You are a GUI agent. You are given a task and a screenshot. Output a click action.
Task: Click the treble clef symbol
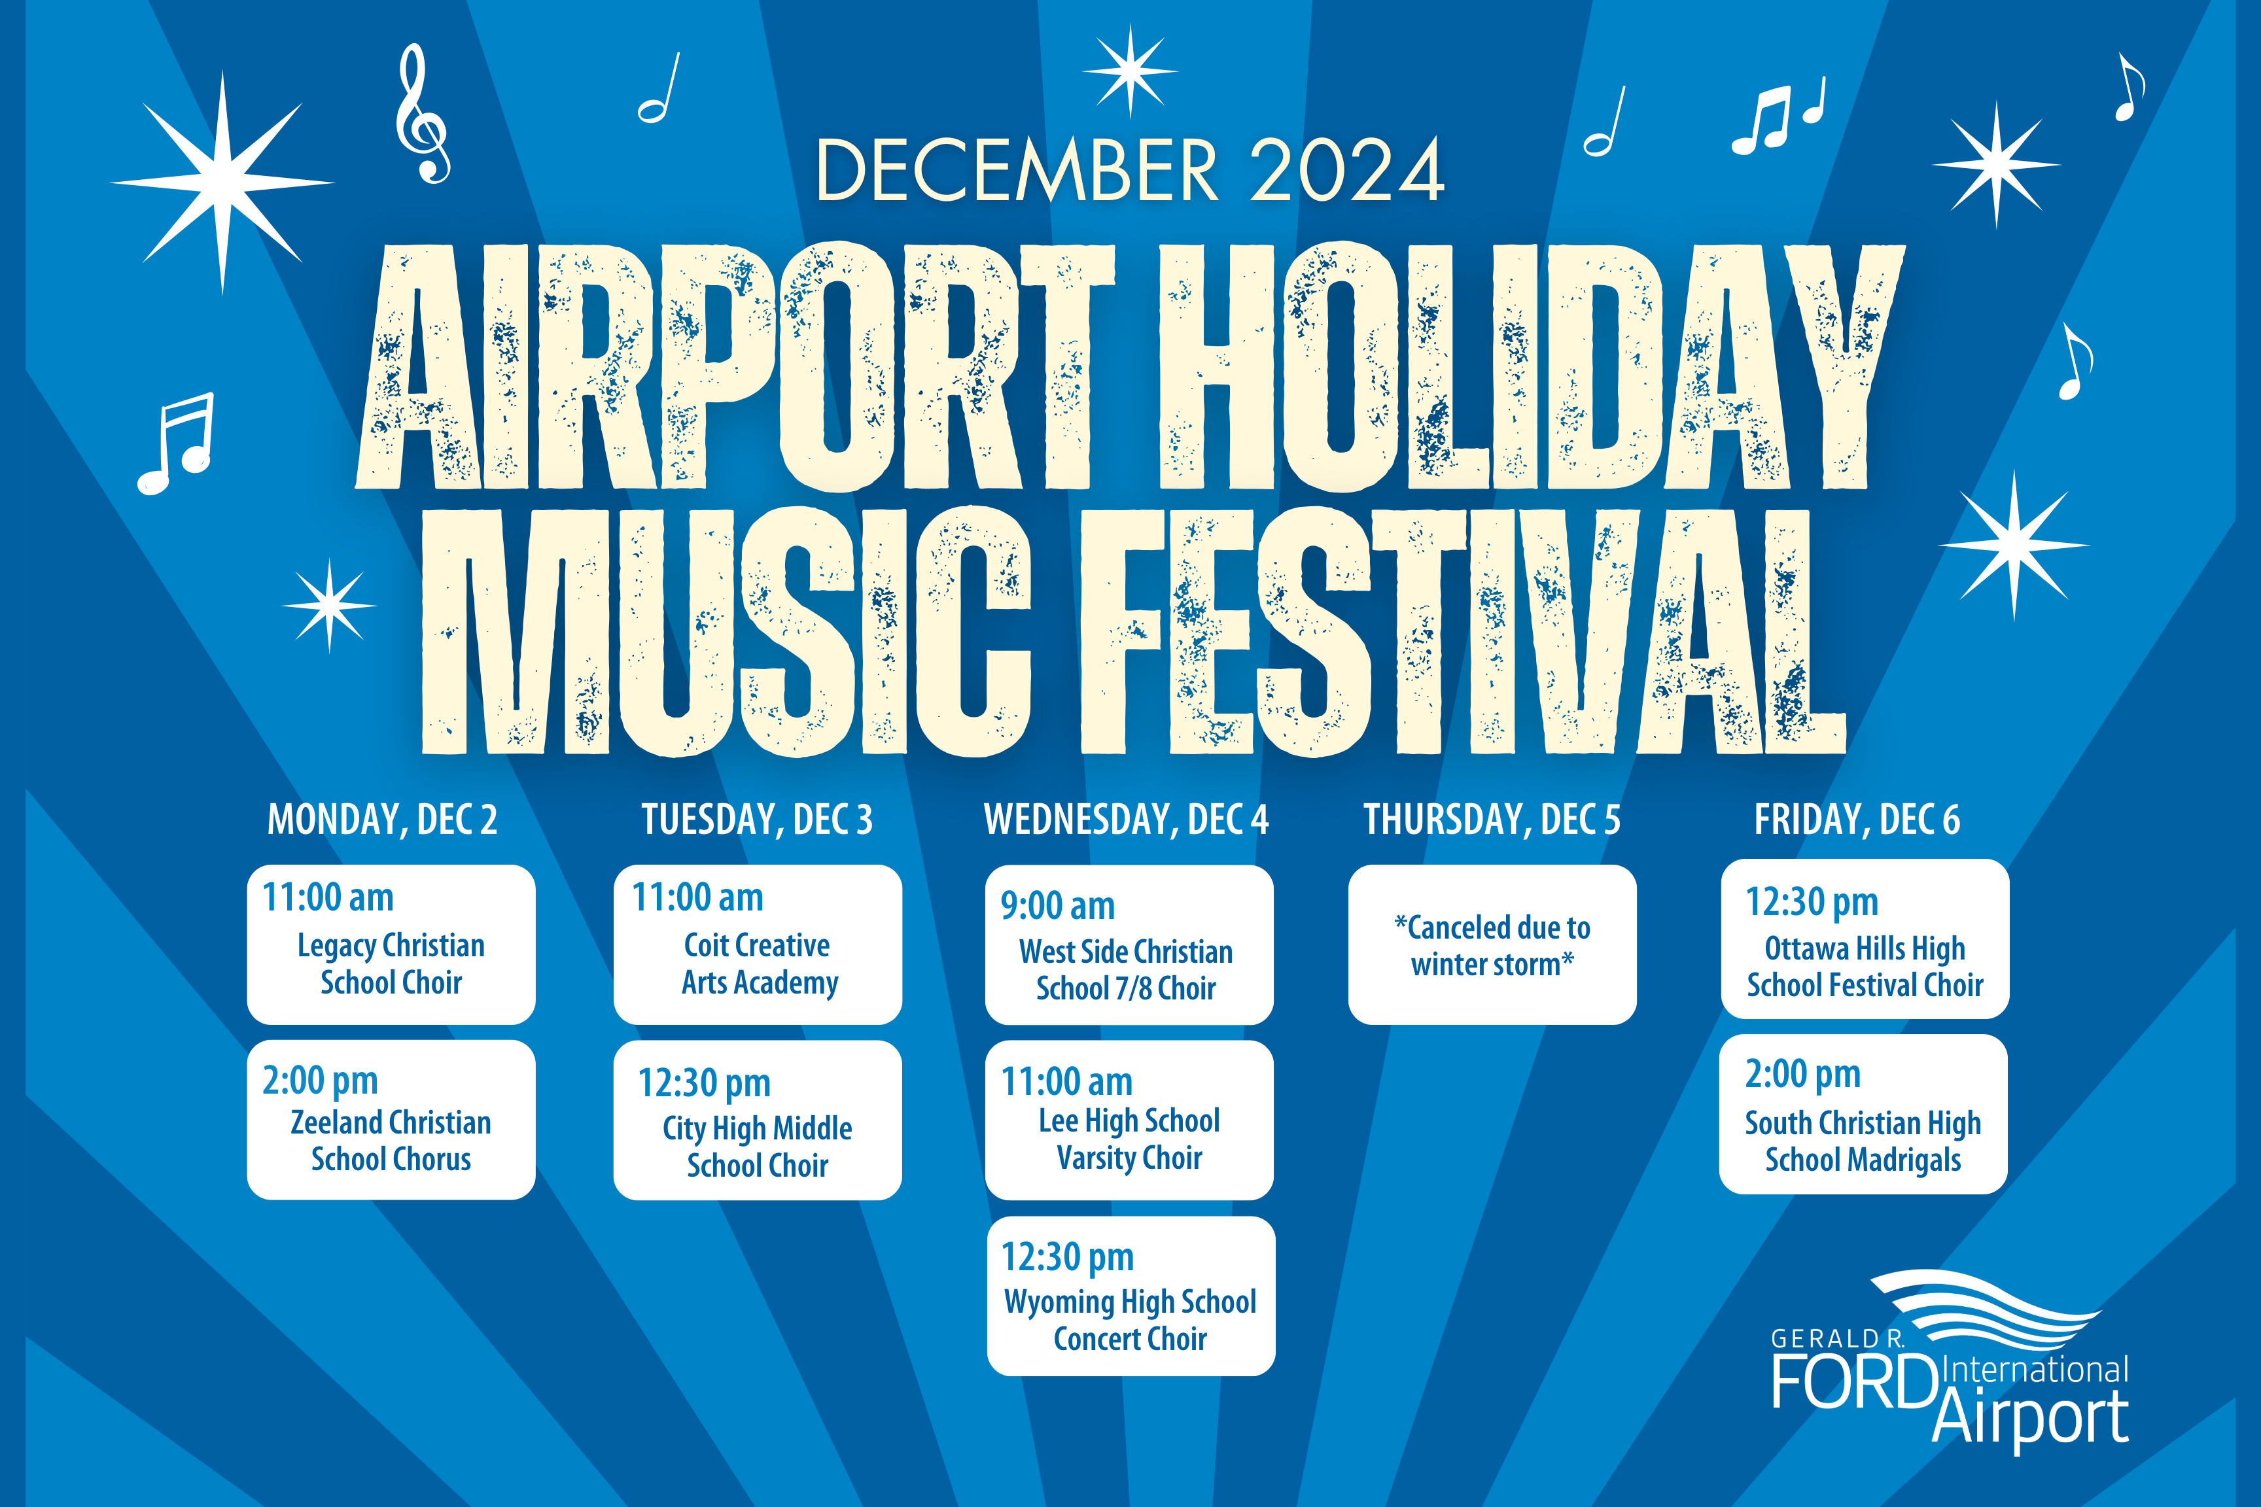(422, 113)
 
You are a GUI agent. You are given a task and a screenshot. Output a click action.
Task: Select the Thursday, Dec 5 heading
(1492, 820)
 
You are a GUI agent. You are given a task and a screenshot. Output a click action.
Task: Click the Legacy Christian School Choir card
(391, 944)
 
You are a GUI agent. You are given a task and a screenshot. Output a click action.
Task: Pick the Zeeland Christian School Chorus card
(391, 1120)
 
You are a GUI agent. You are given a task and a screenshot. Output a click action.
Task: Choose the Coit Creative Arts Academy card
(758, 944)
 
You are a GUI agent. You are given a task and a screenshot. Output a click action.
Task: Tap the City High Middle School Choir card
(758, 1120)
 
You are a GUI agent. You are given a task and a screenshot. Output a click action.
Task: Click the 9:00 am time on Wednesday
(1057, 905)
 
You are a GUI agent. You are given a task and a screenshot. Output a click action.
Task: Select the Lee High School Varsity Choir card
(1130, 1120)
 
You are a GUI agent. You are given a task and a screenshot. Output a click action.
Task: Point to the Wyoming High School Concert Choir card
(1131, 1296)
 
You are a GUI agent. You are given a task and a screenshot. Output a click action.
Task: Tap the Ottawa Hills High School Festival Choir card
(1865, 939)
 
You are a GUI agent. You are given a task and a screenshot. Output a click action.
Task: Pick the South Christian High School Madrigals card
(1863, 1115)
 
